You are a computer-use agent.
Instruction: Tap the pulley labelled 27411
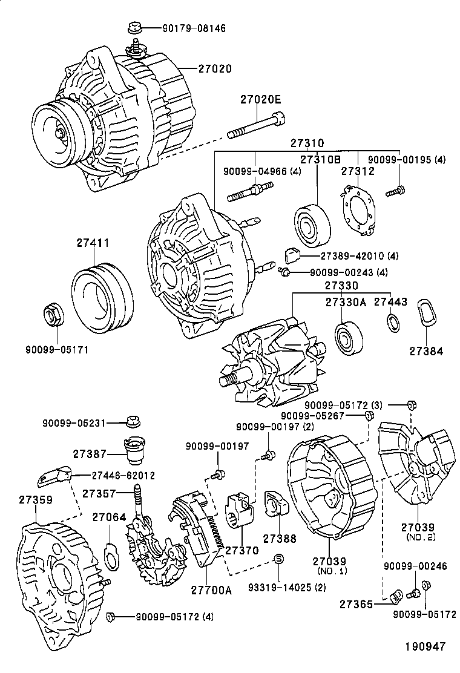click(102, 297)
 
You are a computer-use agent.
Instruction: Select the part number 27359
click(35, 500)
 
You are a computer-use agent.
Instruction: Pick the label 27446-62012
click(115, 476)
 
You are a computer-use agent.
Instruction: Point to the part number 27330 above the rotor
click(341, 285)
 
